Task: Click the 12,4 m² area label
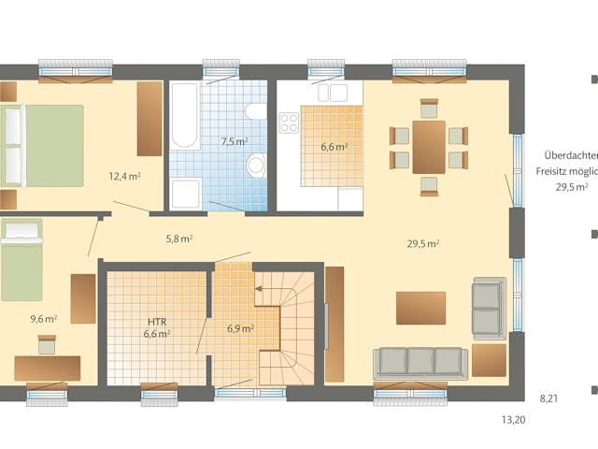(124, 176)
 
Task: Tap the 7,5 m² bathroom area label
(234, 142)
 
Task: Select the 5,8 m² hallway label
(178, 239)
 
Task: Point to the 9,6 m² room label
(43, 318)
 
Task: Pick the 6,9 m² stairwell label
(240, 328)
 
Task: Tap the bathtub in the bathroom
(184, 118)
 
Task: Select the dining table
(429, 147)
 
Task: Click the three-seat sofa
(420, 362)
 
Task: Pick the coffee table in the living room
(420, 307)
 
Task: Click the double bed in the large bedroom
(42, 145)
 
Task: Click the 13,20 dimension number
(513, 420)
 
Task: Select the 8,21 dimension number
(548, 398)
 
